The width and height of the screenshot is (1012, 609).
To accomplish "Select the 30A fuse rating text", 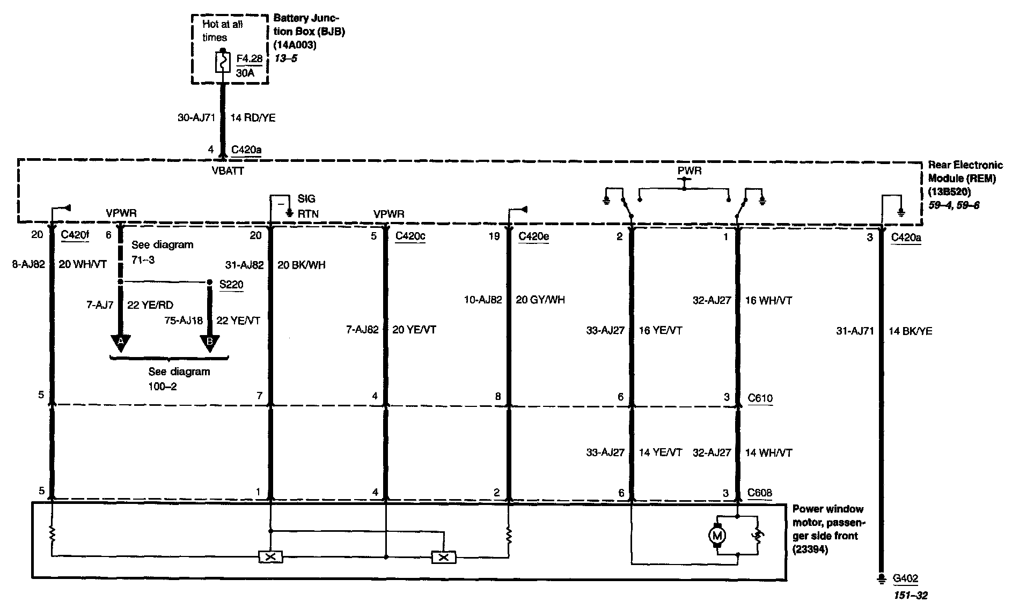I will click(245, 72).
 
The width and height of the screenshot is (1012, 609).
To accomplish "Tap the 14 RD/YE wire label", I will click(253, 118).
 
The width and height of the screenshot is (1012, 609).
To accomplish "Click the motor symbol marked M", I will click(717, 535).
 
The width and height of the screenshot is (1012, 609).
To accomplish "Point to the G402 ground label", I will click(905, 579).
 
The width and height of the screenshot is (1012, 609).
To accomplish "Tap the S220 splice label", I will click(231, 285).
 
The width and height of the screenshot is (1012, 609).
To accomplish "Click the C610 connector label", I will click(760, 398).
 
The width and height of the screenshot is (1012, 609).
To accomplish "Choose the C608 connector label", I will click(760, 493).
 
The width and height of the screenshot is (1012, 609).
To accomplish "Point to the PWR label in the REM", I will click(690, 171).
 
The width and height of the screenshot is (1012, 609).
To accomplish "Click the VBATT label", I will click(228, 172).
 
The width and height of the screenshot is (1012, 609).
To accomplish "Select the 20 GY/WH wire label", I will click(540, 300).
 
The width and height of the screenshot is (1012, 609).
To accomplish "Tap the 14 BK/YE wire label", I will click(911, 331).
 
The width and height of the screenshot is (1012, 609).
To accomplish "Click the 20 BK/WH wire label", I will click(302, 265).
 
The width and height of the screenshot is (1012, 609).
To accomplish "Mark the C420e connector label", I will click(533, 236).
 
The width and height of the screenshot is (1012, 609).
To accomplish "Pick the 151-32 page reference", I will click(911, 595).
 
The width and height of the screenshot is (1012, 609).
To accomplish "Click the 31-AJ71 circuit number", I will click(855, 331).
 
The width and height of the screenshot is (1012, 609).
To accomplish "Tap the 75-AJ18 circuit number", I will click(184, 321).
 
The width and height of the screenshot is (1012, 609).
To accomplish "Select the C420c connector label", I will click(410, 236).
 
